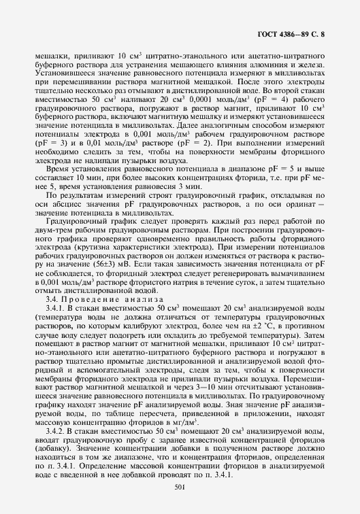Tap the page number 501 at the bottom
coord(180,486)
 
